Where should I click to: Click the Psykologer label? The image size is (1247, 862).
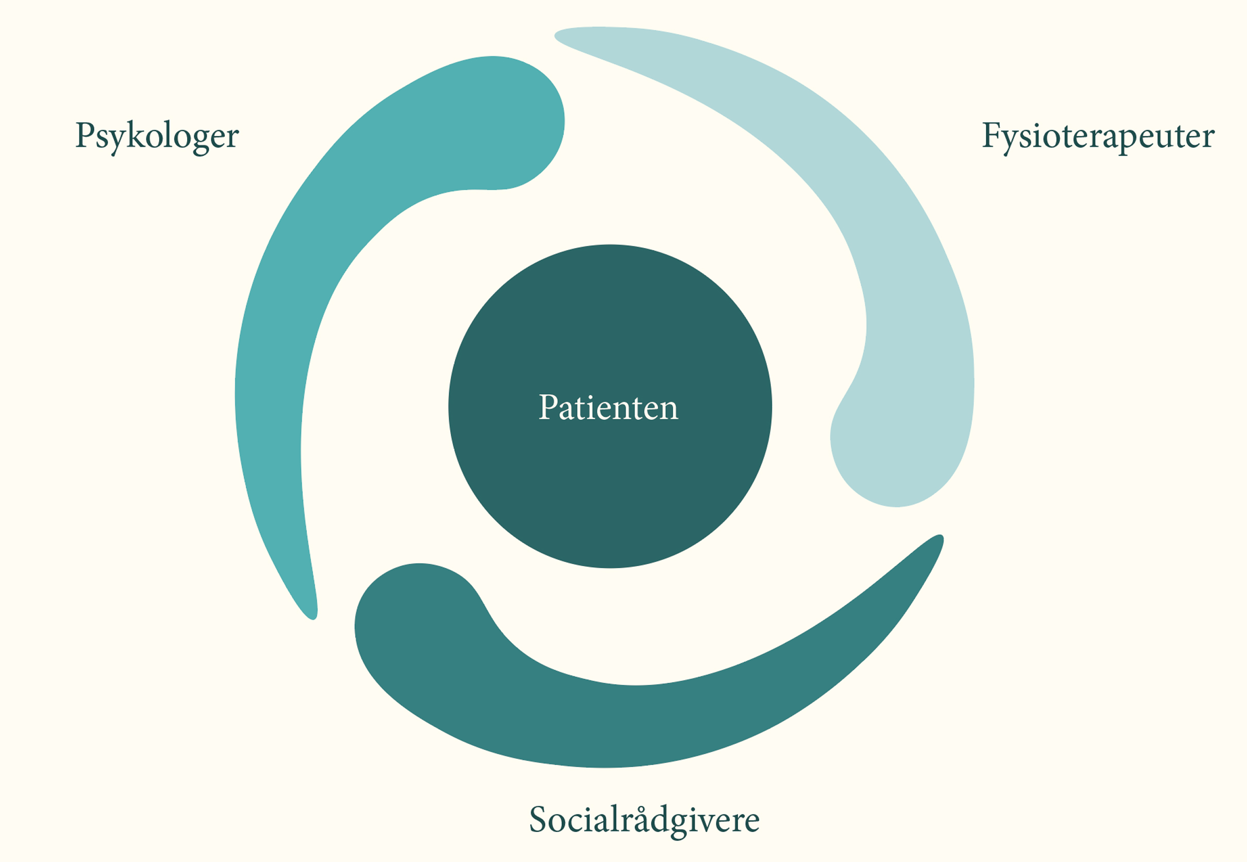pyautogui.click(x=157, y=136)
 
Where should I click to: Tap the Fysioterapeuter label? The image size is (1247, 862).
pyautogui.click(x=1099, y=136)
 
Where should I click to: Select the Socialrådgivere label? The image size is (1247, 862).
pyautogui.click(x=644, y=820)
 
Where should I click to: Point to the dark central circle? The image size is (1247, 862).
pyautogui.click(x=610, y=406)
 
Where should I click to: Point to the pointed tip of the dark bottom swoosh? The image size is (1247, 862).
pyautogui.click(x=940, y=537)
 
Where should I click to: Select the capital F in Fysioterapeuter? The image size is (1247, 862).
pyautogui.click(x=993, y=134)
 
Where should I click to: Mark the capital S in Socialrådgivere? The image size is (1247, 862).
pyautogui.click(x=539, y=819)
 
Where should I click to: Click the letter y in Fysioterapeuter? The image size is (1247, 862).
pyautogui.click(x=1013, y=142)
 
